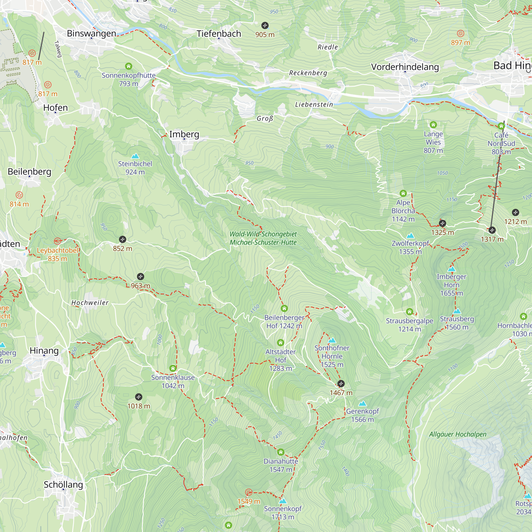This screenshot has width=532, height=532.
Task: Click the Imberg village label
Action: pos(184,134)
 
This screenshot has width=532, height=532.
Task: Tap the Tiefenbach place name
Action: pos(219,34)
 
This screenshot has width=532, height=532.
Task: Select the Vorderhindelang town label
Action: pos(405,67)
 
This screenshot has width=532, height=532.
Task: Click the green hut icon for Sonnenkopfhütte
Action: pos(128,66)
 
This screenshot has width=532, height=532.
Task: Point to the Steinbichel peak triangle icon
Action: pos(135,156)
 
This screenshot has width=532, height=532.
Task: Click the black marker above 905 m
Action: pos(265,26)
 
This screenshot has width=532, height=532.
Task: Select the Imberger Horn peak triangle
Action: pos(451,269)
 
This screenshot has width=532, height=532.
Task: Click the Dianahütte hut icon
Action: pos(281,452)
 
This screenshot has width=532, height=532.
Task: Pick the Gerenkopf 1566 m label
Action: pos(362,415)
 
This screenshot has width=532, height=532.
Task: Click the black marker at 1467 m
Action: pos(341,384)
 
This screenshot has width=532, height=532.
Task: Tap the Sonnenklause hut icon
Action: pos(173,368)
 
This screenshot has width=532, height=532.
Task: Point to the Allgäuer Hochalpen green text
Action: pos(458,434)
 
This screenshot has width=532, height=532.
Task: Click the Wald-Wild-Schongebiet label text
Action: pos(263,234)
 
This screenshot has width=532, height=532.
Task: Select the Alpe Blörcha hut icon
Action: pos(403,193)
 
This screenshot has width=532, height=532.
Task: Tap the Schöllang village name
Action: pos(63,485)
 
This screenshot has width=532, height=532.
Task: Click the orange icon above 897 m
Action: pos(460,34)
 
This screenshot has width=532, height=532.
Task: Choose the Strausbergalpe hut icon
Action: pos(409,312)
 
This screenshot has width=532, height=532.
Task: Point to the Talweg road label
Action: pos(58,49)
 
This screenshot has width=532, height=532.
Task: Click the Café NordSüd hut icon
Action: pos(501,126)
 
